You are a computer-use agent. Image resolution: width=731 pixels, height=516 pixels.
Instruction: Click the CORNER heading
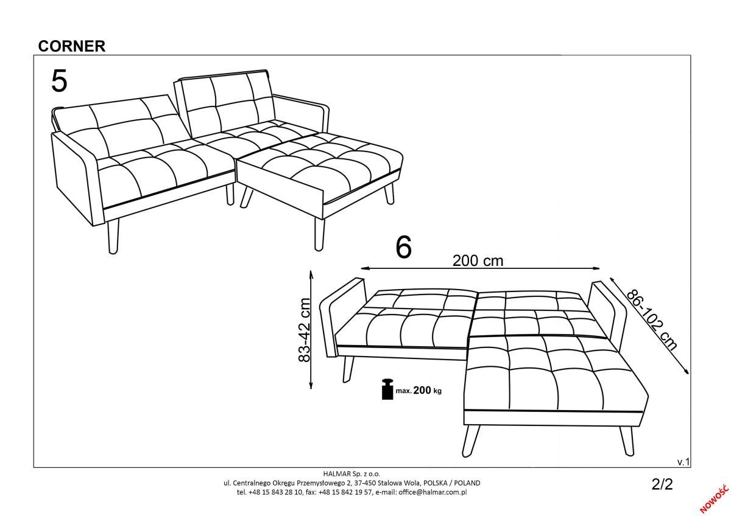(72, 46)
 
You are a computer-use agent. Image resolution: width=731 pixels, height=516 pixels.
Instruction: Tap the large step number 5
(60, 81)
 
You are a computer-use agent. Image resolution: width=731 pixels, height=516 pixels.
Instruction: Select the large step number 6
(404, 247)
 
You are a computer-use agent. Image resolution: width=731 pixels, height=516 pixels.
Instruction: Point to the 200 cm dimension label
(478, 261)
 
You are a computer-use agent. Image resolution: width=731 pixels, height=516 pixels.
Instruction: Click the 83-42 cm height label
(304, 330)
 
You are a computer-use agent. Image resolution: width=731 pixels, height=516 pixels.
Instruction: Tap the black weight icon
(387, 389)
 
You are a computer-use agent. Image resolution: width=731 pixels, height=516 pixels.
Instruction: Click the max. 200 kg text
(418, 391)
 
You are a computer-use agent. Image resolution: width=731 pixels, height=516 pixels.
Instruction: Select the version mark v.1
(683, 462)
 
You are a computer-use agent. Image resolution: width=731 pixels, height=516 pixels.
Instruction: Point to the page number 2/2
(662, 484)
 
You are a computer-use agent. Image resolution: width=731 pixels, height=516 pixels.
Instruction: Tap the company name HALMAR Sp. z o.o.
(352, 473)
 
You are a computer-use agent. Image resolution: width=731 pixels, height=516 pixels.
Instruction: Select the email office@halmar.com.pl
(433, 492)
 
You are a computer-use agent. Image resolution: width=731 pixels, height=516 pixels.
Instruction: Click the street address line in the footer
(352, 483)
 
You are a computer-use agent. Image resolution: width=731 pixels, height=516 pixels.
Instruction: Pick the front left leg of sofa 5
(113, 235)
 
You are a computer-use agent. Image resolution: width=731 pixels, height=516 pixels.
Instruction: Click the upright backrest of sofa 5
(225, 103)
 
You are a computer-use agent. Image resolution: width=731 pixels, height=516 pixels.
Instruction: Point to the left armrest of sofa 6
(342, 318)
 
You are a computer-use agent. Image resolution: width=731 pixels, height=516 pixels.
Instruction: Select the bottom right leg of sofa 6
(627, 441)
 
